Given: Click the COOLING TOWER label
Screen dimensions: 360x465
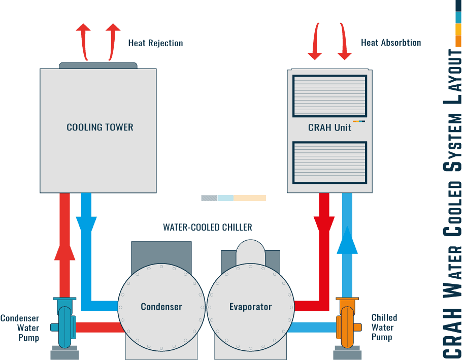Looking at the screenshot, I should tap(100, 127).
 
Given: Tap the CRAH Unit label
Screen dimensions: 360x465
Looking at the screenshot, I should tap(329, 127).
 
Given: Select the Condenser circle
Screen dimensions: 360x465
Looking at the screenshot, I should tap(161, 307).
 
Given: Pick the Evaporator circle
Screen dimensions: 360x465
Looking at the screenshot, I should tap(250, 307).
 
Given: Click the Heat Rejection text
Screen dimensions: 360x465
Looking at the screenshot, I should tap(155, 43).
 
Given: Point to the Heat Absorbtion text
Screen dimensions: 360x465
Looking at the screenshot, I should tap(391, 43).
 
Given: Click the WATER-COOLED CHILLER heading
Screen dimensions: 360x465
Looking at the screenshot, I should tap(207, 227).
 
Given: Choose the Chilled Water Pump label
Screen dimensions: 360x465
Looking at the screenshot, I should tap(384, 327).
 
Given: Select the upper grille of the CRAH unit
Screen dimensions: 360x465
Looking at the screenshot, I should tap(329, 96).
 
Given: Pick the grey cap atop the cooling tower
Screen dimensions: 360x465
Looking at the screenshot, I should tap(98, 66).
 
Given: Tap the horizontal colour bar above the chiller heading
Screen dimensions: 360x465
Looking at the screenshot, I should tap(234, 198).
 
